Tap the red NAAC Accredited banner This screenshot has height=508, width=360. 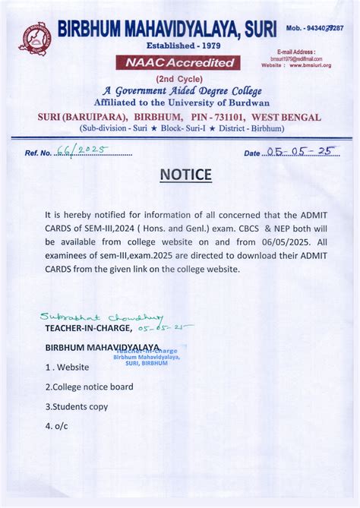(x=178, y=63)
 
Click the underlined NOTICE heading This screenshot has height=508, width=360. (x=186, y=175)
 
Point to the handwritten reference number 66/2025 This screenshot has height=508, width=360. (x=83, y=151)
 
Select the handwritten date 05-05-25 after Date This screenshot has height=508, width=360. (x=301, y=151)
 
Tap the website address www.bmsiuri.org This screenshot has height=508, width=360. (x=310, y=65)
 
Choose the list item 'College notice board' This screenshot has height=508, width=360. (x=89, y=387)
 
